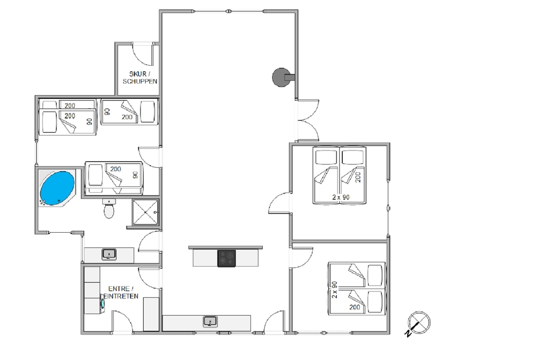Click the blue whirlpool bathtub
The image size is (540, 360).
coord(57,188)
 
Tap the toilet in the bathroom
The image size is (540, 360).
coord(109,209)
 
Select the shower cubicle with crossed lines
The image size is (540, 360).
coord(145,212)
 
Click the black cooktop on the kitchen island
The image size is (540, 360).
coord(227,258)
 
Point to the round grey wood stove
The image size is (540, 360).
coord(282,77)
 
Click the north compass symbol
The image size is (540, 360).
coord(418,323)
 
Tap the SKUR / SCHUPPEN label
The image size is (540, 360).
coord(140,77)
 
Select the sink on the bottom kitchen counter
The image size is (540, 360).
coord(210,322)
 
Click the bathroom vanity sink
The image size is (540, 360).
coord(109,254)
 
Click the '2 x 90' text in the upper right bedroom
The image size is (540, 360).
coord(341,197)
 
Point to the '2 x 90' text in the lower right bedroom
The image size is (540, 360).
coord(334,290)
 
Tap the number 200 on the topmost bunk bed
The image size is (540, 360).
coord(70,105)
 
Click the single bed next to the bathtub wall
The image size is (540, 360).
coord(113,178)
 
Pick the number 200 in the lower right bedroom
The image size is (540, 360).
coord(355,307)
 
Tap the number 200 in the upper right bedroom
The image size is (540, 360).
coord(358,177)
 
